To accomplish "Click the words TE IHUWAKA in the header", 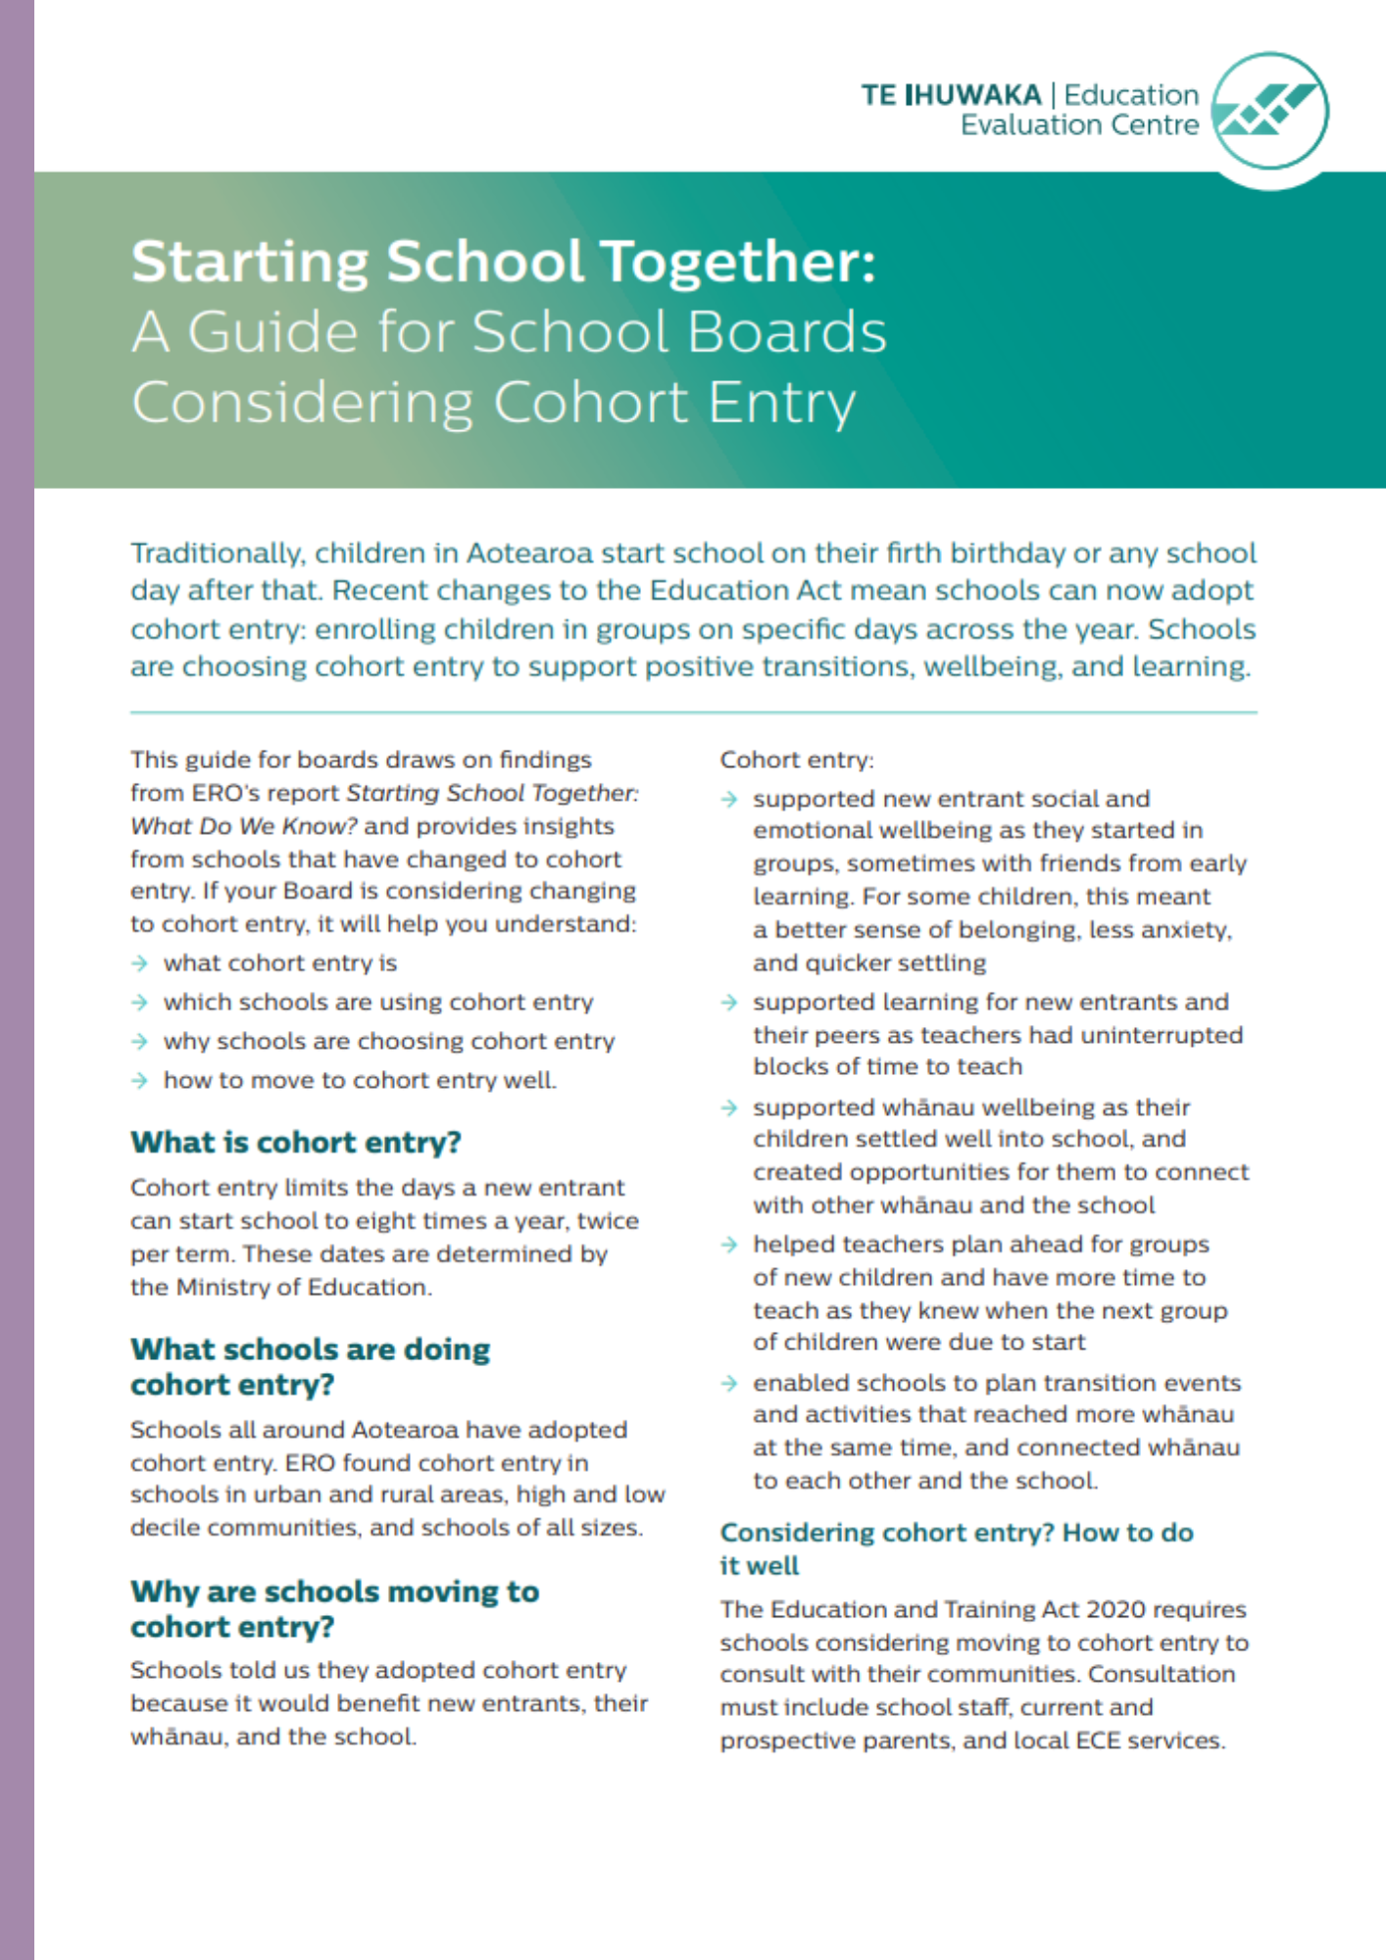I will (x=951, y=95).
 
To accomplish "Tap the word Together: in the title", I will (x=738, y=262).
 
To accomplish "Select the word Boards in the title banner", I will (x=786, y=331).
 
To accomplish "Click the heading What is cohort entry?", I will (x=295, y=1143).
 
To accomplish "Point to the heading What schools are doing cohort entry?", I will (x=310, y=1367).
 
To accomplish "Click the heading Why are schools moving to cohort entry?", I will (x=334, y=1608).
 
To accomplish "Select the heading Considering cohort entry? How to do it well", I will (x=956, y=1548).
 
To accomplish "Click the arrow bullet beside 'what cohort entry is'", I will (x=139, y=963).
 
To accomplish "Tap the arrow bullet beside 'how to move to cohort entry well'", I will (x=139, y=1080).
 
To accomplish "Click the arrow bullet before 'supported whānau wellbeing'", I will (x=728, y=1107).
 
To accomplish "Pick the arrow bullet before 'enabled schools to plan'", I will (x=728, y=1383).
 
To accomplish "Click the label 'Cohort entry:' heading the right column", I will (x=796, y=759).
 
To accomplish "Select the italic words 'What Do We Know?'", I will (x=243, y=826).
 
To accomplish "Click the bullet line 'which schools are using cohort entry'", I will (x=377, y=1003).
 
